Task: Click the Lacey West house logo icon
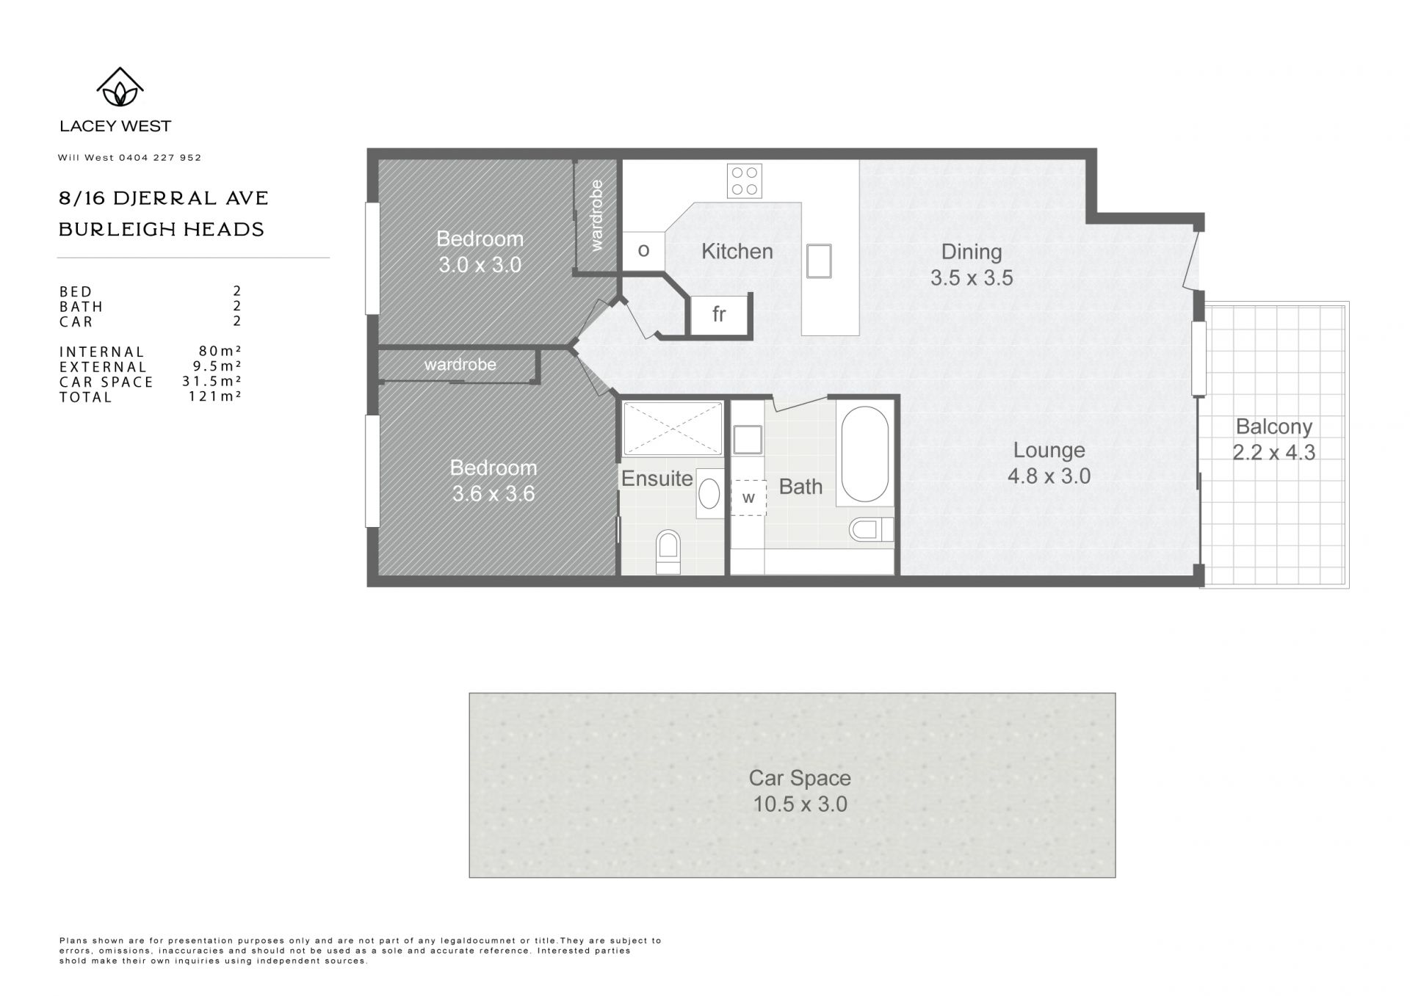point(120,87)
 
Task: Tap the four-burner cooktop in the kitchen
point(744,181)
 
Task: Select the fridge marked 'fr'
point(720,314)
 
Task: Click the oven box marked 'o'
point(644,251)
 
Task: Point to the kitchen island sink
point(819,261)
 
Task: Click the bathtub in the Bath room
point(864,455)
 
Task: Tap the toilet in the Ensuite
point(668,552)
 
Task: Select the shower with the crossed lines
point(673,428)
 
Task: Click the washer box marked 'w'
point(748,498)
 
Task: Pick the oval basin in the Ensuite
point(709,493)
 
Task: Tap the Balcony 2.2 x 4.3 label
point(1274,440)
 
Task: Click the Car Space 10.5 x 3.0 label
point(800,791)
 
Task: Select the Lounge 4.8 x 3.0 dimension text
point(1049,476)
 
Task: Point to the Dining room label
point(972,252)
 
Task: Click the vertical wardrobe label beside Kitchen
point(596,215)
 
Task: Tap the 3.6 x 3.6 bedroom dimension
point(493,494)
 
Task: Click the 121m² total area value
point(214,396)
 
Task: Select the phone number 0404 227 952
point(160,158)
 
